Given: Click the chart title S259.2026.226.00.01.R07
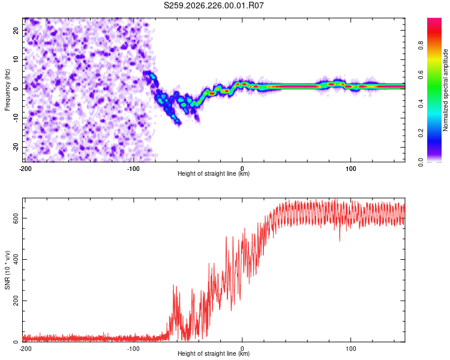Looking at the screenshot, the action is click(x=214, y=5).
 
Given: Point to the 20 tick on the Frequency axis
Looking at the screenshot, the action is click(x=16, y=31).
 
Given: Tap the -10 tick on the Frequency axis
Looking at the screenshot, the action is click(x=16, y=118).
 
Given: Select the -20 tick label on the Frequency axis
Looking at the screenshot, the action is click(x=16, y=147).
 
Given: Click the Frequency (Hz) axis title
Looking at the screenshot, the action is click(x=7, y=90).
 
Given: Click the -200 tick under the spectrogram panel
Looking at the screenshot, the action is click(x=25, y=169).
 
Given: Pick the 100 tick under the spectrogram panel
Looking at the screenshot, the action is click(x=350, y=169).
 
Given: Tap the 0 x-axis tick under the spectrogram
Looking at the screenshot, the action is click(x=242, y=169).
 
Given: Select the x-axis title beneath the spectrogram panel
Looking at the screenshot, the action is click(x=214, y=173).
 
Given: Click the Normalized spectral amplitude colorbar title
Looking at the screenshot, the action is click(x=445, y=90).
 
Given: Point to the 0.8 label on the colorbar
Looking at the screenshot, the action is click(x=421, y=46).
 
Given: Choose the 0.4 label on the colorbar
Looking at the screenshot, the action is click(x=421, y=104).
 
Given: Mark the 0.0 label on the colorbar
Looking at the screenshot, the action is click(x=421, y=162).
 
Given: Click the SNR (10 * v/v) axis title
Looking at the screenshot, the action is click(x=7, y=270).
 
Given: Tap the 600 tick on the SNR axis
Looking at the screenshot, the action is click(x=16, y=218).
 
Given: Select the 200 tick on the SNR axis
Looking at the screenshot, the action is click(x=16, y=301).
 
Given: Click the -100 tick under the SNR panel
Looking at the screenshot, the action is click(x=133, y=349).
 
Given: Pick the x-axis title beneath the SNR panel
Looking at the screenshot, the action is click(x=214, y=353).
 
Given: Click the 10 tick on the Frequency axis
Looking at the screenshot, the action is click(x=16, y=59).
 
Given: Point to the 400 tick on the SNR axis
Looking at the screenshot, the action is click(x=16, y=260).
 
